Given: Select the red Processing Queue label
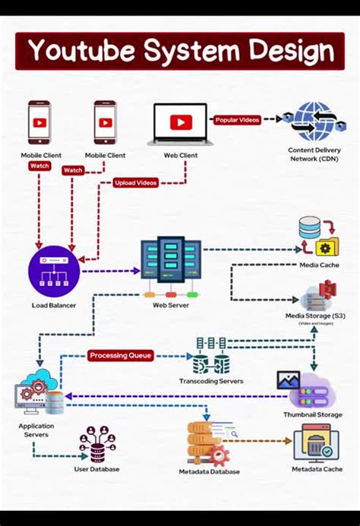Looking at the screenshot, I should click(x=121, y=355).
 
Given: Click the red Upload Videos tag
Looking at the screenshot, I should click(x=137, y=182).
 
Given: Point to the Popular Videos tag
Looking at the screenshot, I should click(x=238, y=120).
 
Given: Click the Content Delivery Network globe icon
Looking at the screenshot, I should click(x=313, y=121).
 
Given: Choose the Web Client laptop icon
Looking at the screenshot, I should click(x=181, y=123).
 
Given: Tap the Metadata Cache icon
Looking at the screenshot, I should click(x=316, y=443).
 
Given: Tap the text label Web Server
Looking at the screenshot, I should click(x=170, y=304).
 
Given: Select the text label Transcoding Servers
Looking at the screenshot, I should click(x=211, y=381).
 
